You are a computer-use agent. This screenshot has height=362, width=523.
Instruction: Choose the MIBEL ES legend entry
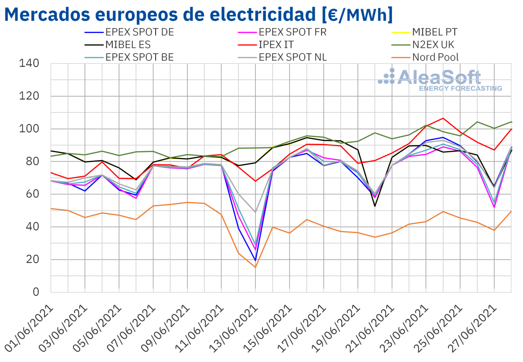(128, 44)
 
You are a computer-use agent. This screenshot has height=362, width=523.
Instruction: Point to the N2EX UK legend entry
(438, 44)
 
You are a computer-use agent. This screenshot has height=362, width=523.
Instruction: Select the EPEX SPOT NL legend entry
(292, 57)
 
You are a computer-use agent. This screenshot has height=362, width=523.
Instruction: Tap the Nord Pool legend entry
(435, 57)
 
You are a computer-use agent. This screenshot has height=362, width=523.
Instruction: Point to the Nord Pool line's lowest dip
(256, 267)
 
